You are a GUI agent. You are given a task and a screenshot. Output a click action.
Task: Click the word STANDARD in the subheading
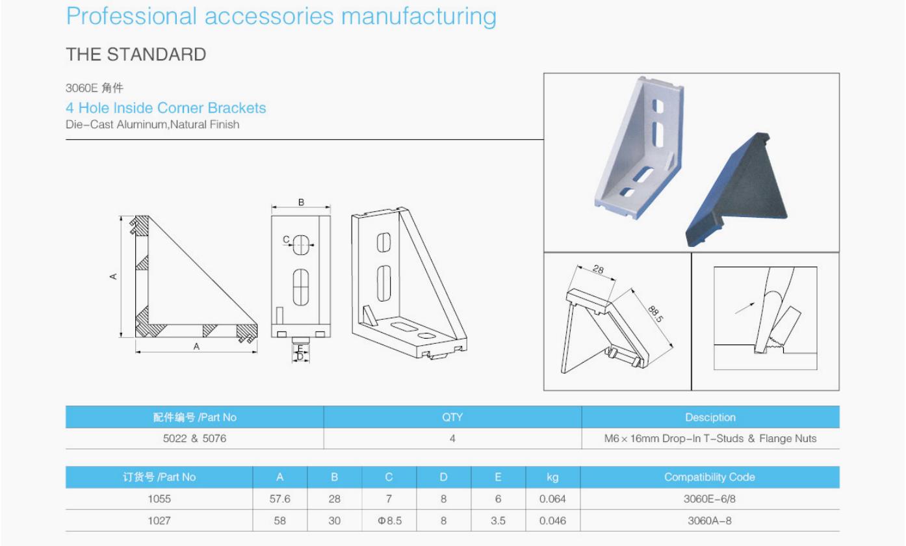coord(157,55)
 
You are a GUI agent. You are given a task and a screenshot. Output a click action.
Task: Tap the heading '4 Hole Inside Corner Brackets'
coord(166,108)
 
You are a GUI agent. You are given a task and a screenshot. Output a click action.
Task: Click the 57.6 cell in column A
coord(280,499)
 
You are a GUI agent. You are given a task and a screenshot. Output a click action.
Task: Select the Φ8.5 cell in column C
coord(389,521)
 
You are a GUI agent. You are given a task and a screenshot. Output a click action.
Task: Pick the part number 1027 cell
coord(159,521)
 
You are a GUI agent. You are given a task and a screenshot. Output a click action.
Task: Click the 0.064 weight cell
coord(552,499)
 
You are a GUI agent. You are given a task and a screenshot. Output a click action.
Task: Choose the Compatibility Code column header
coord(710,477)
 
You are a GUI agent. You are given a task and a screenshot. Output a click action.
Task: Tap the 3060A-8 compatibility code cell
coord(710,521)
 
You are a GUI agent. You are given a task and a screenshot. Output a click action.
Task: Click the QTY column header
coord(452,417)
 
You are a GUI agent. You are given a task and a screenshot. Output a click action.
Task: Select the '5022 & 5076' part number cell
coord(194,438)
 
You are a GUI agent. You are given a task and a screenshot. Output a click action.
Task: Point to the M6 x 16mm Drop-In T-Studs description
coord(710,438)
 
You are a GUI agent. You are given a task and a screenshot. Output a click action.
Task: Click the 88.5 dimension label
coord(656,314)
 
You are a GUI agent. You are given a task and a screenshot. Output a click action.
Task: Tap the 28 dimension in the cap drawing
coord(598,269)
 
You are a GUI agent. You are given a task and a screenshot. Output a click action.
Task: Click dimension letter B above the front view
coord(302,202)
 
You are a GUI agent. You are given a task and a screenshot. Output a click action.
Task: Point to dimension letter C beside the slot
coord(287,239)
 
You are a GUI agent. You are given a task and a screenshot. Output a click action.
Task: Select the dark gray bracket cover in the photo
coord(736,189)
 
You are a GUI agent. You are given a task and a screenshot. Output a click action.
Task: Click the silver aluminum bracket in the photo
coord(640,148)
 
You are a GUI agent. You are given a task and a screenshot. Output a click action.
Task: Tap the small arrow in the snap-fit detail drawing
coord(745,308)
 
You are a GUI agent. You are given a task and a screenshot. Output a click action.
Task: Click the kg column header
coord(552,477)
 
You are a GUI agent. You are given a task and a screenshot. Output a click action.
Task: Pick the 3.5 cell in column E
coord(498,521)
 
